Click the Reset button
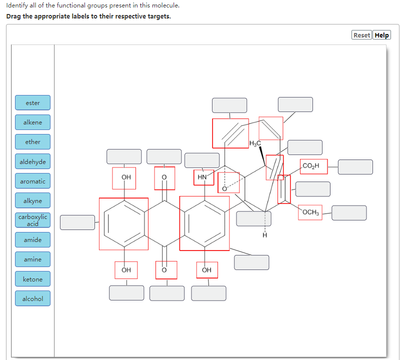(361, 35)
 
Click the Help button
(382, 35)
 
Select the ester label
(33, 102)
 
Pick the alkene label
(33, 122)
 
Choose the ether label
(33, 141)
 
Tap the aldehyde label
(33, 161)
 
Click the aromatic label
(33, 181)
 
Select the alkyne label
(33, 200)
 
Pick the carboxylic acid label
(33, 220)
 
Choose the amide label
(33, 240)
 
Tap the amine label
(33, 259)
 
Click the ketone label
(33, 279)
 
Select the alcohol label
(33, 298)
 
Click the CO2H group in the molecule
(313, 166)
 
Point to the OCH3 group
(310, 212)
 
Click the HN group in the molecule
(202, 177)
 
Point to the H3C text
(254, 144)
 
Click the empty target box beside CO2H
(355, 167)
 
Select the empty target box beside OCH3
(349, 212)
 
